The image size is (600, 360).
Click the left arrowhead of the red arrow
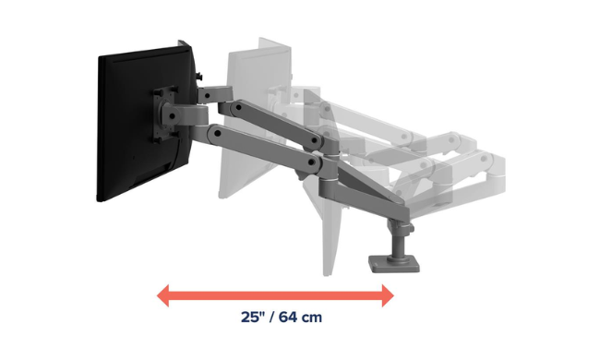point(162,295)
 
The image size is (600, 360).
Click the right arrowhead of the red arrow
point(388,295)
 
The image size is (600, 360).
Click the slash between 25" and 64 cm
point(271,318)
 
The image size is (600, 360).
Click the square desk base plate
point(394,263)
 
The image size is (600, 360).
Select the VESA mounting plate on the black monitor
point(166,114)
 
